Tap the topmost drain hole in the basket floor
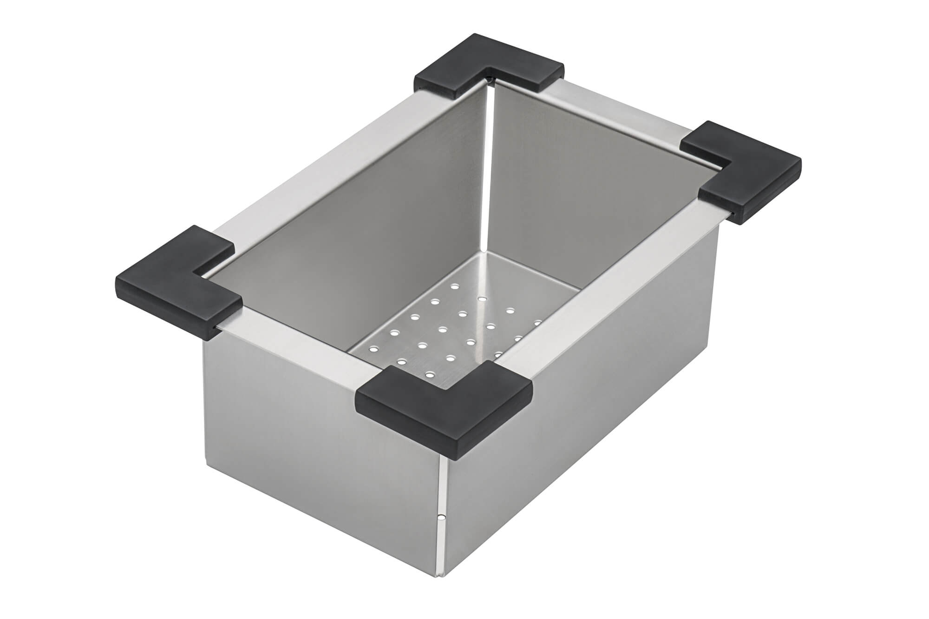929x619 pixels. point(454,287)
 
